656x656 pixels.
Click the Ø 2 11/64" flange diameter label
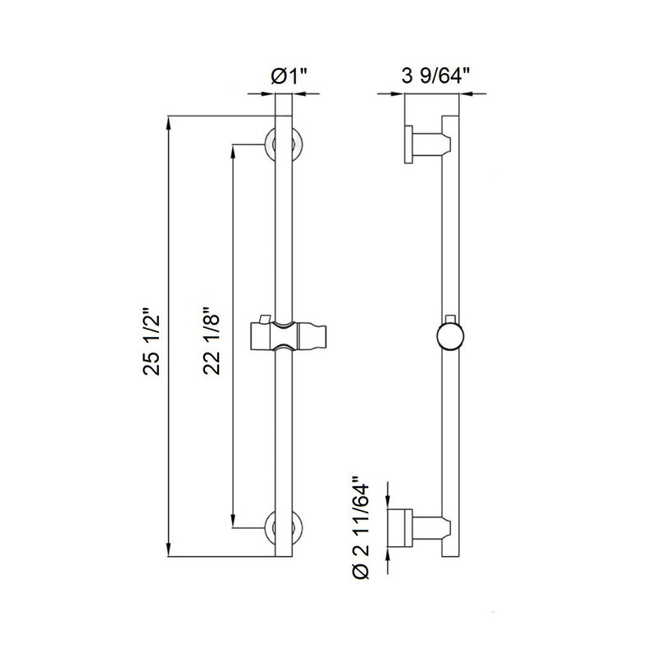click(360, 525)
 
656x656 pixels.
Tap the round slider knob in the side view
click(449, 337)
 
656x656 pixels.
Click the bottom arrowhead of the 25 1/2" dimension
click(169, 553)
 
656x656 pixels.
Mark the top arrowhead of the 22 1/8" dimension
click(235, 149)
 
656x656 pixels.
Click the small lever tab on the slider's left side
click(263, 318)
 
